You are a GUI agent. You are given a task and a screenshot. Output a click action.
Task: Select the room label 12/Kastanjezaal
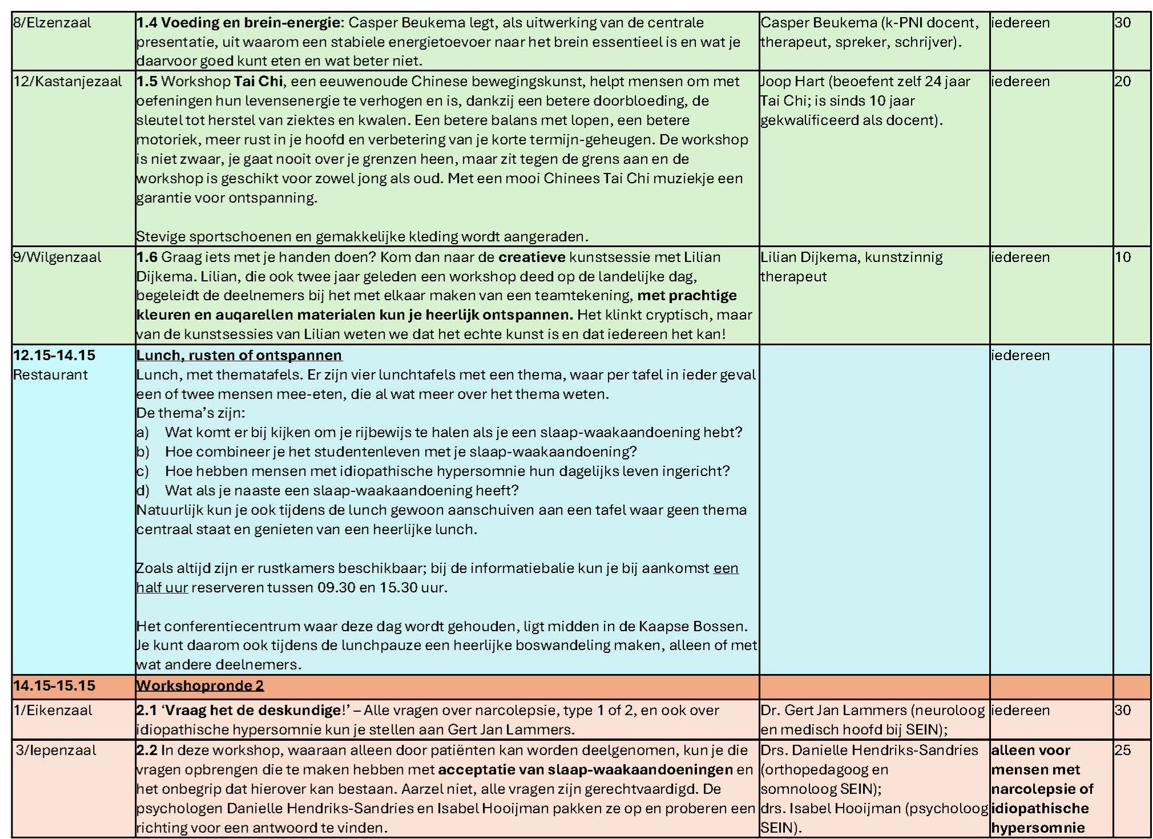[x=67, y=81]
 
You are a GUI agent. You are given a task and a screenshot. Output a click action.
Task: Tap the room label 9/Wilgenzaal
[x=57, y=257]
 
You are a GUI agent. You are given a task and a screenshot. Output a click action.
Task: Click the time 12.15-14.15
[x=54, y=355]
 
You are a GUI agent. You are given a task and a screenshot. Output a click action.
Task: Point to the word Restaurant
[x=50, y=374]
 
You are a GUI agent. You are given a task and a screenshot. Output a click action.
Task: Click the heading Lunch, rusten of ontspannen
[x=239, y=355]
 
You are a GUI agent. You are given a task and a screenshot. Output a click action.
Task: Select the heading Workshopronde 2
[x=200, y=685]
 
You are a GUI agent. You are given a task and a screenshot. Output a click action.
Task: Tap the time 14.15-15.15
[x=54, y=685]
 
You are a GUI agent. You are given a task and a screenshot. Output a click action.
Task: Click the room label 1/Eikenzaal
[x=53, y=710]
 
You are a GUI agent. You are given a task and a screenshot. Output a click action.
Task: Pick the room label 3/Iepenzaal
[x=56, y=750]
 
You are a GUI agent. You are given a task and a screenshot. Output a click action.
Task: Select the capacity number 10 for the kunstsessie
[x=1122, y=257]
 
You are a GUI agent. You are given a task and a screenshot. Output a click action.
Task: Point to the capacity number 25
[x=1122, y=750]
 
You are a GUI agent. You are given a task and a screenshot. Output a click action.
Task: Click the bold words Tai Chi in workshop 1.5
[x=258, y=81]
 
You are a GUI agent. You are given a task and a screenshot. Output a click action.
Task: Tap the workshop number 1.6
[x=147, y=257]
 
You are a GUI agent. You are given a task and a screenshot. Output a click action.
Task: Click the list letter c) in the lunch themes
[x=142, y=471]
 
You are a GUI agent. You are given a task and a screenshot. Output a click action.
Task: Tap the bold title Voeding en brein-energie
[x=251, y=23]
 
